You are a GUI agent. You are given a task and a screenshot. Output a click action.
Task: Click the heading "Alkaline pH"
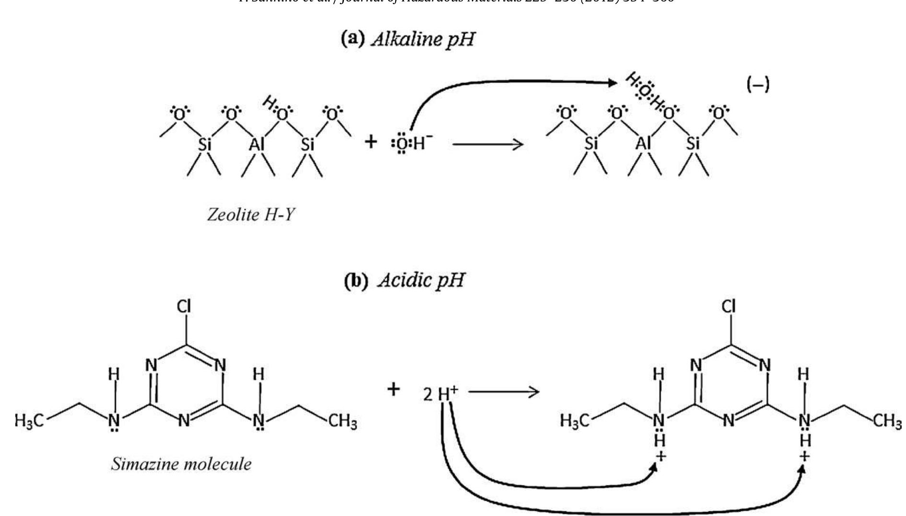(x=407, y=39)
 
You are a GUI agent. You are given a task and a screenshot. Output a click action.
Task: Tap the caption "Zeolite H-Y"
(x=251, y=214)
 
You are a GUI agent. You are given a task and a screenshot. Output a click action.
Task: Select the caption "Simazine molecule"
(x=181, y=464)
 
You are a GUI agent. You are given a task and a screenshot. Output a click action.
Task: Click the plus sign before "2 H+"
(x=393, y=389)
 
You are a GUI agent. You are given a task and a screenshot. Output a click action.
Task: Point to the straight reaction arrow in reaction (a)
(x=487, y=143)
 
